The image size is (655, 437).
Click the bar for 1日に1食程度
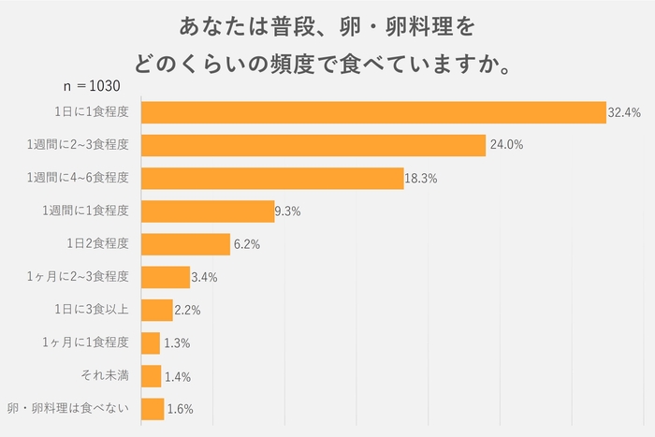373,112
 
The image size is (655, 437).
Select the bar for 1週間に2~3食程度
313,145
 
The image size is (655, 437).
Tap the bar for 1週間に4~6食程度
271,178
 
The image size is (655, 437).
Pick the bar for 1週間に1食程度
207,211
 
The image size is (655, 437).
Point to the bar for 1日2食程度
185,244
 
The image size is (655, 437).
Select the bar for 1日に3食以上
156,310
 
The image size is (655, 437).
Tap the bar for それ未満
151,376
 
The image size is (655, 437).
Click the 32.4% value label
623,112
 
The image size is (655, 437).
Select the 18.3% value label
421,179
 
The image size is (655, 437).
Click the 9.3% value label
287,211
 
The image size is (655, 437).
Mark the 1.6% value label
179,410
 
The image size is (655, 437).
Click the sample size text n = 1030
93,86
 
